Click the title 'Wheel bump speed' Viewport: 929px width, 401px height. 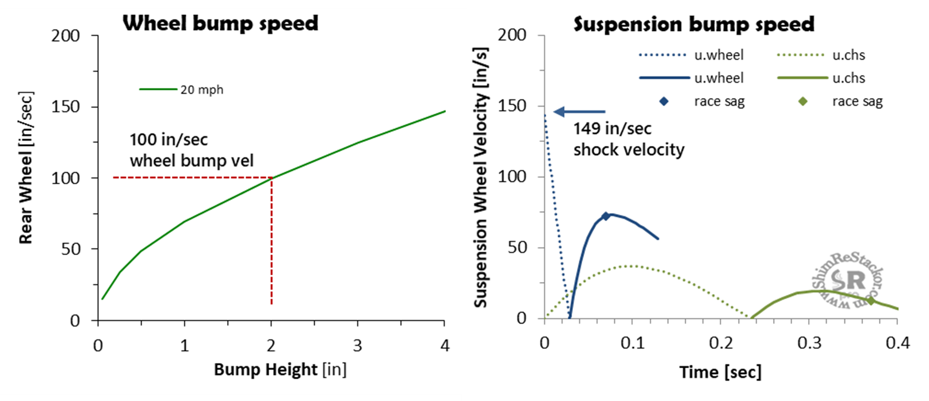click(x=220, y=23)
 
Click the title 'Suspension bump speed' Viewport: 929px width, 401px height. click(x=694, y=24)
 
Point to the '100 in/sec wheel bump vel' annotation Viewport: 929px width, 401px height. click(x=191, y=150)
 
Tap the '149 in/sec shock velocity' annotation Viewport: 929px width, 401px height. click(x=628, y=139)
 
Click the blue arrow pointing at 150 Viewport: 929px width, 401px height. click(x=579, y=111)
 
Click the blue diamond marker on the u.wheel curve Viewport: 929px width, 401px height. click(x=605, y=216)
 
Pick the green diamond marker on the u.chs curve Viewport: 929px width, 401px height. click(x=871, y=300)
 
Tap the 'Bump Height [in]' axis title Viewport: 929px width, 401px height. click(x=280, y=369)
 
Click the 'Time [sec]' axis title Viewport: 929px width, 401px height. click(x=720, y=372)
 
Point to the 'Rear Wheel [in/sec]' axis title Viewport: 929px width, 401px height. click(x=26, y=167)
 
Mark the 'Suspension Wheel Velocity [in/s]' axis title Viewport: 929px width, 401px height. click(x=481, y=177)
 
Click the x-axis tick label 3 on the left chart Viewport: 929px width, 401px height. click(x=357, y=345)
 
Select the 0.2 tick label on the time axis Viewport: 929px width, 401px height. click(x=721, y=343)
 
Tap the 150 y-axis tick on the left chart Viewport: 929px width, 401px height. click(x=66, y=107)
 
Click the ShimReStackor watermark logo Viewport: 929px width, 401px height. click(x=847, y=282)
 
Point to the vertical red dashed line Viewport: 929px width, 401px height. click(x=272, y=241)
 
